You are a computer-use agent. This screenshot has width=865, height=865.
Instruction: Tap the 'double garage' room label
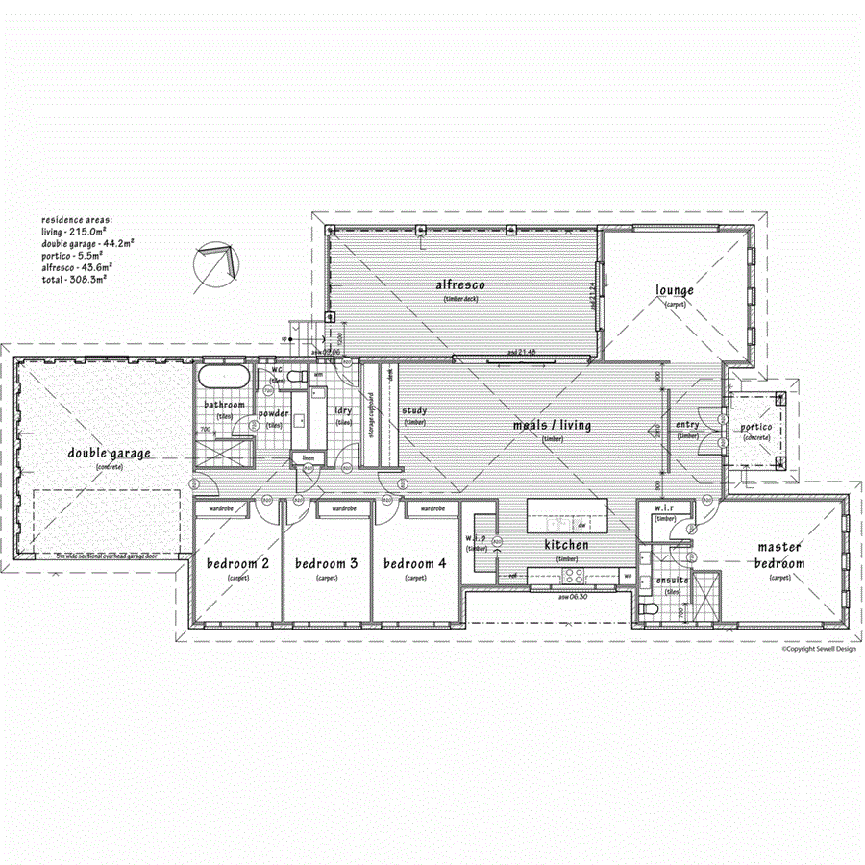tap(109, 454)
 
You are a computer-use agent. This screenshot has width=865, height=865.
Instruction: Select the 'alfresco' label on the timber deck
tap(459, 285)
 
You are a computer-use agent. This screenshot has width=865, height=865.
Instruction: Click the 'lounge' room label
tap(675, 290)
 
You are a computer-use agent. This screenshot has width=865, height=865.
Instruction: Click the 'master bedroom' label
tap(779, 555)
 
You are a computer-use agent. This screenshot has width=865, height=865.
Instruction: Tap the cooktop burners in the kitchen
tap(575, 576)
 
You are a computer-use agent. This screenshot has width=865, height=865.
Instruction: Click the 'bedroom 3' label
tap(326, 563)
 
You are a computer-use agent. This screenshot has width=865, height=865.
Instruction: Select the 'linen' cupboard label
tap(308, 457)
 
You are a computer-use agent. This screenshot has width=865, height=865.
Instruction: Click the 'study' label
tap(414, 411)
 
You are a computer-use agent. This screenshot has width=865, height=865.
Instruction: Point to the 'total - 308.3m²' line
tap(73, 278)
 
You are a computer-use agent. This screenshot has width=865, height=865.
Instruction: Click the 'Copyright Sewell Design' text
tap(818, 649)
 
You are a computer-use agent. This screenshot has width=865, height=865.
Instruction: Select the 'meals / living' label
tap(552, 426)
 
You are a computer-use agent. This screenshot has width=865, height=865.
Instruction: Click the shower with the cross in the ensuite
tap(705, 593)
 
